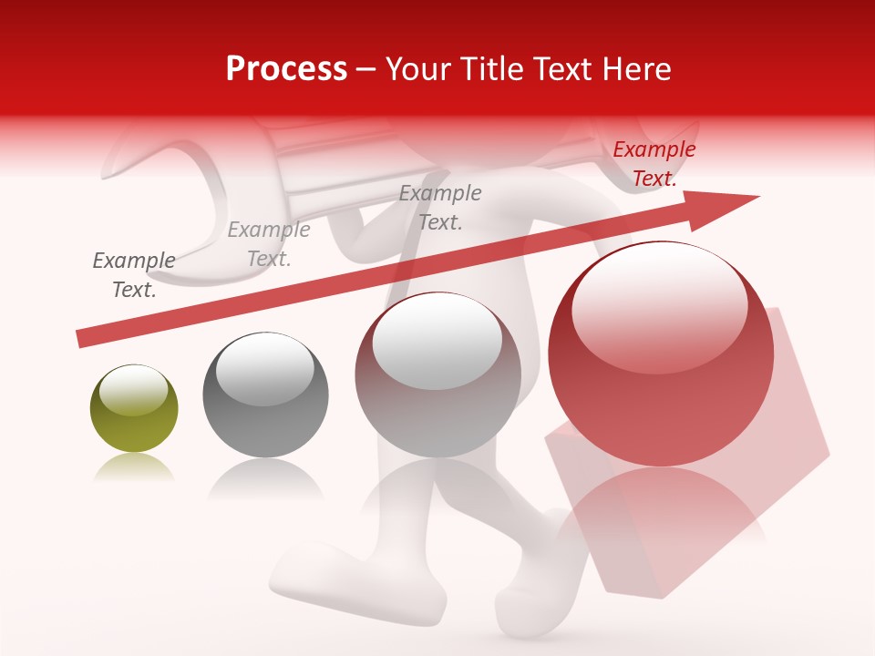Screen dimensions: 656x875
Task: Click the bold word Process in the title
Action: pyautogui.click(x=286, y=69)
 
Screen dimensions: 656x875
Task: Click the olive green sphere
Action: pyautogui.click(x=134, y=409)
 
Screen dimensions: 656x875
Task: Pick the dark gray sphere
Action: pyautogui.click(x=265, y=395)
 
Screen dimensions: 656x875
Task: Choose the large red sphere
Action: pyautogui.click(x=661, y=355)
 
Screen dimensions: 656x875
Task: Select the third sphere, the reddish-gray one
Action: pyautogui.click(x=437, y=375)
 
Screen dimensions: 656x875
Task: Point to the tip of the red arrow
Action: pyautogui.click(x=757, y=198)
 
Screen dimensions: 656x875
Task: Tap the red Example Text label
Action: pyautogui.click(x=654, y=164)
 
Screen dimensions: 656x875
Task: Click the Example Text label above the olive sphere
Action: pyautogui.click(x=134, y=275)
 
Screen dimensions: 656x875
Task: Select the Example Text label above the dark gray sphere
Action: pyautogui.click(x=269, y=244)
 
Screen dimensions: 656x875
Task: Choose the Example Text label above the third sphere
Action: pyautogui.click(x=440, y=208)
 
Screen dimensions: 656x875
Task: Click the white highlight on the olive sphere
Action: pyautogui.click(x=133, y=391)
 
